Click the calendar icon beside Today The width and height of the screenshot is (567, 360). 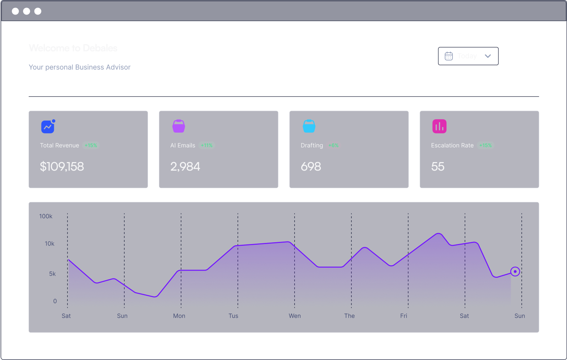(x=449, y=56)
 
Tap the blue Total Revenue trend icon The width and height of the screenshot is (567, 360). (x=48, y=127)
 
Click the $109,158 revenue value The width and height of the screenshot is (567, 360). (x=62, y=166)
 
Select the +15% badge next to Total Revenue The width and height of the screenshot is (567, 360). (x=91, y=145)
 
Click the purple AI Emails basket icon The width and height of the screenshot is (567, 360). (x=179, y=126)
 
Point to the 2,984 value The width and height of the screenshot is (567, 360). (x=185, y=166)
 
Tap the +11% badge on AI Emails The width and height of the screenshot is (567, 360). (x=207, y=145)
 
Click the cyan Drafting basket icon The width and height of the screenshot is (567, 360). (x=309, y=126)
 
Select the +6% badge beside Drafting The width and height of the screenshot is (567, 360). (x=333, y=145)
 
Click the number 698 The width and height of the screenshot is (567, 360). (x=311, y=166)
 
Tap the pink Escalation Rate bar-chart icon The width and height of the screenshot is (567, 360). (x=439, y=126)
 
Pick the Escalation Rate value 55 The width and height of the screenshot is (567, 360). (x=438, y=166)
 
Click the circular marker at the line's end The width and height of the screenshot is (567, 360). (x=515, y=272)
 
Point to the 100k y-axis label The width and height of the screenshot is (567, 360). (x=46, y=216)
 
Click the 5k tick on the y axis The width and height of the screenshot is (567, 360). (x=52, y=274)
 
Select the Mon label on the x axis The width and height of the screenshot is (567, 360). (x=179, y=316)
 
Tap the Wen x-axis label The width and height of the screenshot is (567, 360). (x=294, y=316)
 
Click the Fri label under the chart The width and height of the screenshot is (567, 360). (x=404, y=316)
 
